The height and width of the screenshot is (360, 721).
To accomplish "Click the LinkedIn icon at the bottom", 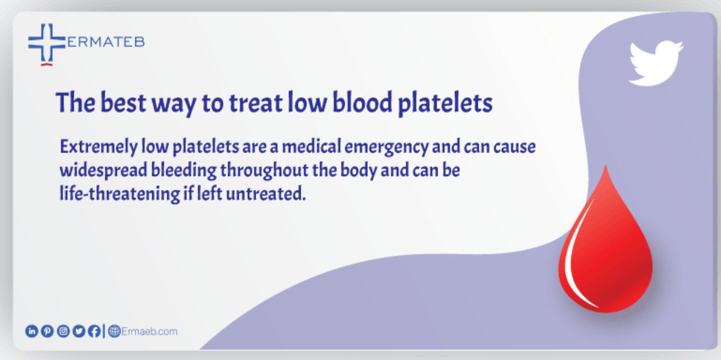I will (31, 331).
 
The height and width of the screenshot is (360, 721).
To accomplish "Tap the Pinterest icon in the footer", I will (46, 331).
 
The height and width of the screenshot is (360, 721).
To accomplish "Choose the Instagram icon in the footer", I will (62, 331).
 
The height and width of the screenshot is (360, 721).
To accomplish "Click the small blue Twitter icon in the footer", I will (78, 331).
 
